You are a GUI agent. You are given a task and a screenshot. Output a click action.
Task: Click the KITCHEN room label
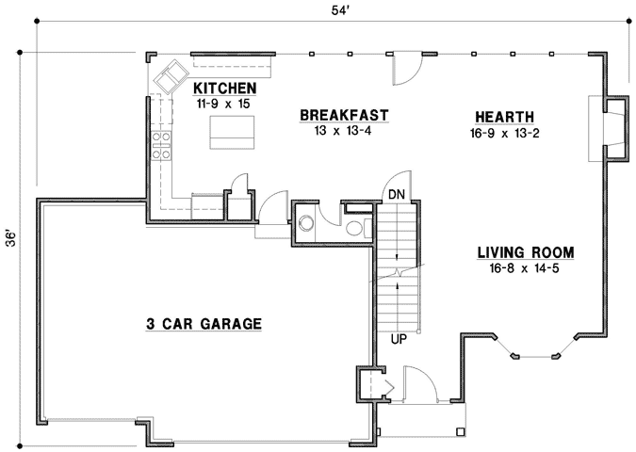coord(225,89)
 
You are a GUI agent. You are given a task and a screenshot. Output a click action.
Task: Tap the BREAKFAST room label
coord(344,116)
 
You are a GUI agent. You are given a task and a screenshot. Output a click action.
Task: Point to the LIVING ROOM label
coord(525,252)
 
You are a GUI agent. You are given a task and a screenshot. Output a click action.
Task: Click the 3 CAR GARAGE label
coord(203,324)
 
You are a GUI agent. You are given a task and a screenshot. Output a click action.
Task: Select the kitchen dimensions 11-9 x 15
coord(224,104)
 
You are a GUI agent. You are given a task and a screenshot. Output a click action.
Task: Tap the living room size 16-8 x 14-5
coord(525,269)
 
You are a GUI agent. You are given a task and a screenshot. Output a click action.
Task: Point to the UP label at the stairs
coord(398,336)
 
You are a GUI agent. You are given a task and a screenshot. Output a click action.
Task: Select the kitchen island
coord(227,131)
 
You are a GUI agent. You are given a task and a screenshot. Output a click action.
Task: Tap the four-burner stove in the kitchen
coord(161,144)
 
